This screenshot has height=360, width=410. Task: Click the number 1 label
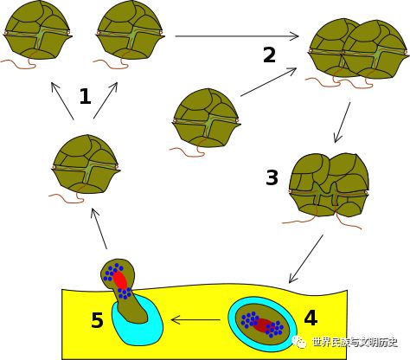[x=86, y=96]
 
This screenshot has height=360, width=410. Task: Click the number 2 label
[x=270, y=55]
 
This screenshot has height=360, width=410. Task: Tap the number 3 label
[x=272, y=177]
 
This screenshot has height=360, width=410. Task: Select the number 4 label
[x=311, y=318]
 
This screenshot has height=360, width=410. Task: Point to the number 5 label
[x=97, y=320]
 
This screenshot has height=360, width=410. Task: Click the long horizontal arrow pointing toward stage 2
[x=237, y=36]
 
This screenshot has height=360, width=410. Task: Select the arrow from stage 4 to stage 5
[x=195, y=320]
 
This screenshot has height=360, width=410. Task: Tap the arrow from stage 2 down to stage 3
[x=342, y=122]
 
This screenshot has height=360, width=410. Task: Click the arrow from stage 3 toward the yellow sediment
[x=306, y=259]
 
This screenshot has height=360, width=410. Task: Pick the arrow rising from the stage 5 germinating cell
[x=99, y=228]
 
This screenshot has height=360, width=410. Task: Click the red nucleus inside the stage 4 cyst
[x=262, y=325]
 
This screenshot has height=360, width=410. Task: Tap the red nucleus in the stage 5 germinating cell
[x=120, y=280]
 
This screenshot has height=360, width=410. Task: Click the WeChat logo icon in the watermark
[x=300, y=342]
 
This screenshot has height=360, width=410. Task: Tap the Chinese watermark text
[x=356, y=343]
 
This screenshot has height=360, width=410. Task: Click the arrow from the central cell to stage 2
[x=269, y=82]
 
